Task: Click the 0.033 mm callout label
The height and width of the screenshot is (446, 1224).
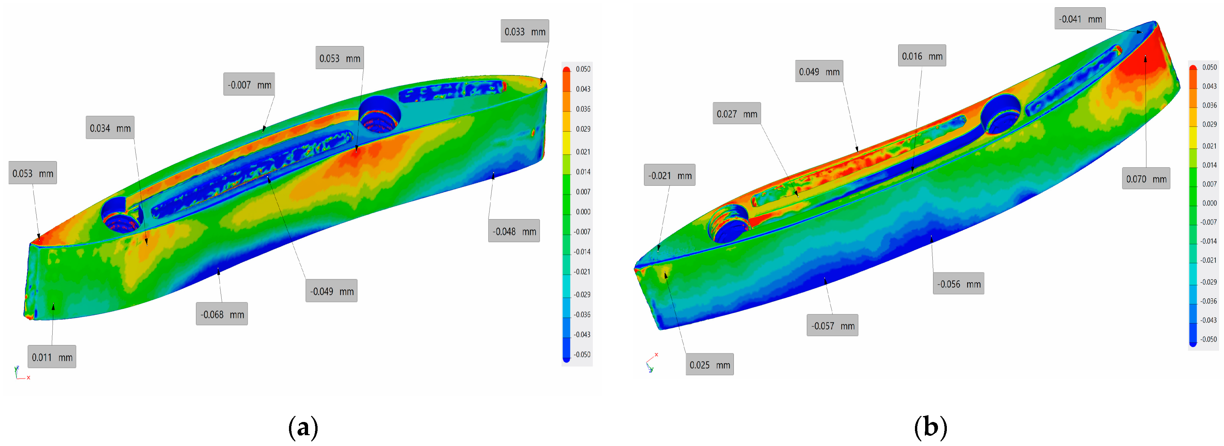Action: pyautogui.click(x=525, y=31)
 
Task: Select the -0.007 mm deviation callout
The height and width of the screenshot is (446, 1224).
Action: pyautogui.click(x=249, y=85)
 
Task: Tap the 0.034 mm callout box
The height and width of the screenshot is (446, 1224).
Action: pyautogui.click(x=110, y=128)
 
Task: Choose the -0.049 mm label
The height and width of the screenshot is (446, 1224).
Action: pyautogui.click(x=331, y=291)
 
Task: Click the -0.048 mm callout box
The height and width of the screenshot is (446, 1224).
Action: pyautogui.click(x=514, y=231)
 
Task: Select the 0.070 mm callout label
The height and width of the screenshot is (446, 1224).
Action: pyautogui.click(x=1146, y=179)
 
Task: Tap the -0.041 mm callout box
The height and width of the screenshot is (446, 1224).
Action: pyautogui.click(x=1080, y=18)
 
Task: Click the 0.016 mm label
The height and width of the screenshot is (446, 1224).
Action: pyautogui.click(x=922, y=56)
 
